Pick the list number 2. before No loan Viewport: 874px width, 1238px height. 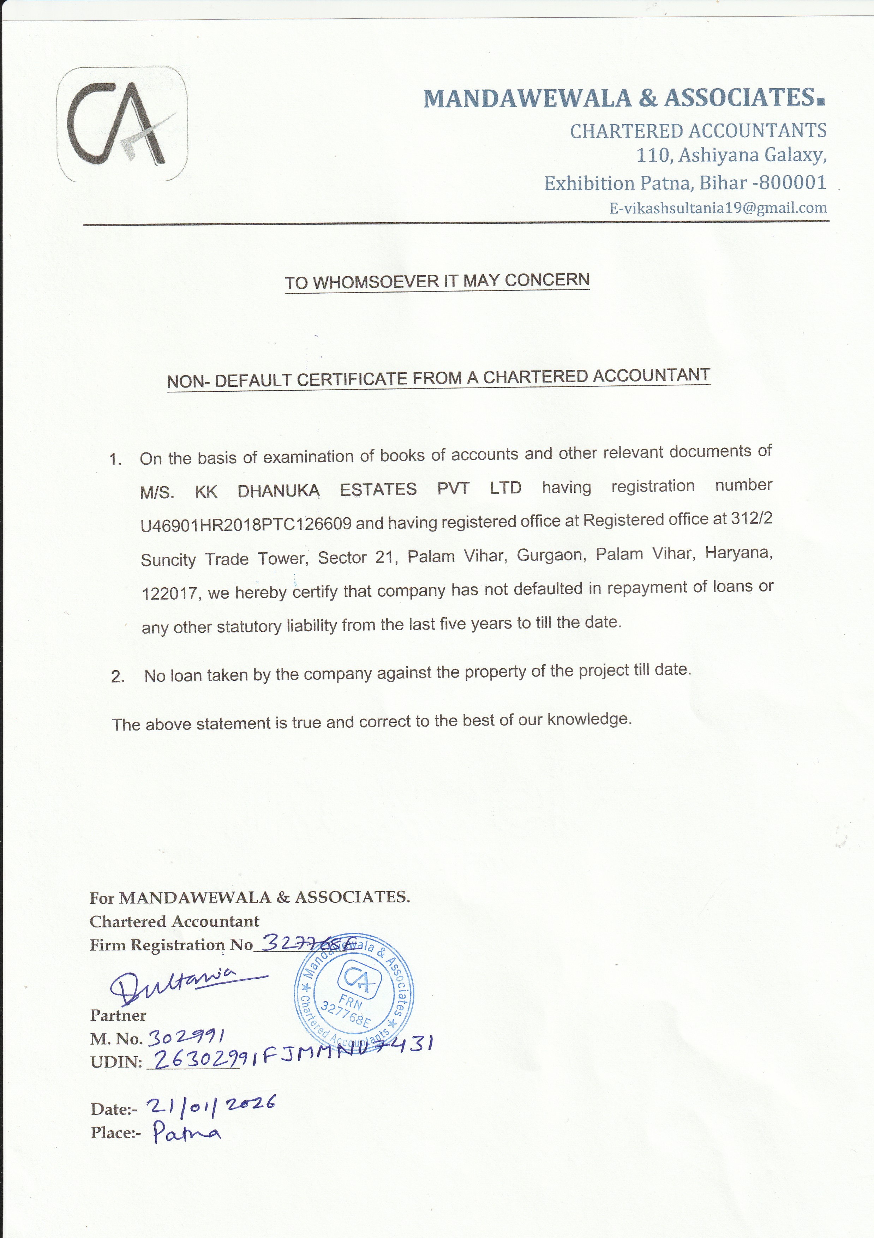118,676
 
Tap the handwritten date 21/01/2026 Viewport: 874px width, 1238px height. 210,1106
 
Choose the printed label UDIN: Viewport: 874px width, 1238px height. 116,1062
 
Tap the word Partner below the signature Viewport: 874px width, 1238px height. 118,1015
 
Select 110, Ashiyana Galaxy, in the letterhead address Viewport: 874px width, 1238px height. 731,155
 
